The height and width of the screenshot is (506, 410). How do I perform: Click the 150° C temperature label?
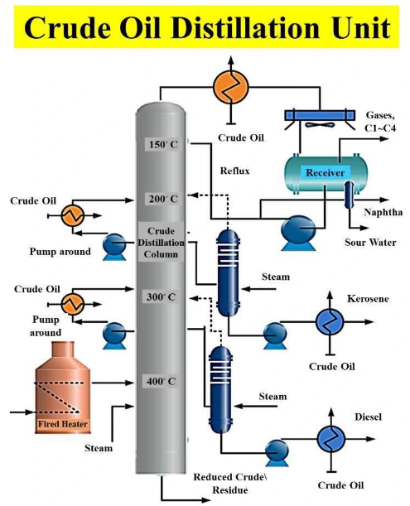click(163, 144)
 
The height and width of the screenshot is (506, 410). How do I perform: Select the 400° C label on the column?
click(161, 381)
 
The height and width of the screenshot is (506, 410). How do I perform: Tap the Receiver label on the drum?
click(325, 172)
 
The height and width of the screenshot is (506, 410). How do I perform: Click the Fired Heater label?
click(63, 424)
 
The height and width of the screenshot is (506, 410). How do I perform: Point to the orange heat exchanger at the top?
click(230, 86)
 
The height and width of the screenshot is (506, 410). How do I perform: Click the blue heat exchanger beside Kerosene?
click(330, 321)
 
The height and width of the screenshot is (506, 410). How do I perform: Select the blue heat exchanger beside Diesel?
click(331, 439)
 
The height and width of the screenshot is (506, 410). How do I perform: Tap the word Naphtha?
click(383, 212)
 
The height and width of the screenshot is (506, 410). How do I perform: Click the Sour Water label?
click(370, 243)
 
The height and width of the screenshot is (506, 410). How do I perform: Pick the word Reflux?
click(234, 171)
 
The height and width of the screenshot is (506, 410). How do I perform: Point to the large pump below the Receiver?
click(298, 233)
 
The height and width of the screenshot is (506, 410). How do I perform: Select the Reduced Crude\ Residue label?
click(230, 484)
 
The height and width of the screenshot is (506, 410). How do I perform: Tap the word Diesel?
click(368, 417)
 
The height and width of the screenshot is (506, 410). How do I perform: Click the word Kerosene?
click(368, 298)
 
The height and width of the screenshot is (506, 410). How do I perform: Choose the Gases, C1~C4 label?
click(380, 122)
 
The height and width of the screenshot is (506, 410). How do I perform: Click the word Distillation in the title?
click(245, 27)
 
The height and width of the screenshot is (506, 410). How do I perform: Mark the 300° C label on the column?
click(161, 296)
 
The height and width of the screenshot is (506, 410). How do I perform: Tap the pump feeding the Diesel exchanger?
click(277, 453)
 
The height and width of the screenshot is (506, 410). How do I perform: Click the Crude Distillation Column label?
click(161, 243)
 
